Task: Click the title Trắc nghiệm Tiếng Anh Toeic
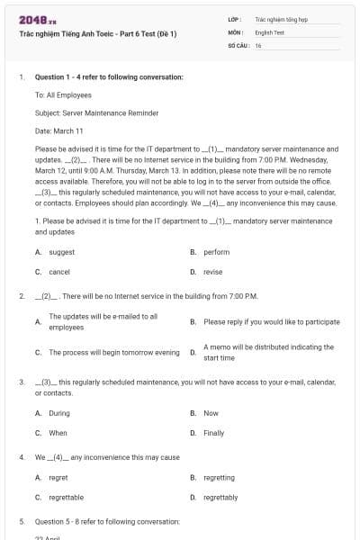(97, 34)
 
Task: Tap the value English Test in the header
(269, 31)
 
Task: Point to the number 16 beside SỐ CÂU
(258, 45)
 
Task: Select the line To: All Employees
(63, 94)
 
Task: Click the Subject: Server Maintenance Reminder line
(96, 112)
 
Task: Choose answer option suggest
(61, 252)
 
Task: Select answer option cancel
(59, 271)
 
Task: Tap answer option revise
(212, 271)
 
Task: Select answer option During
(59, 413)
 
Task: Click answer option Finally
(213, 433)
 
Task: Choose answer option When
(58, 433)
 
